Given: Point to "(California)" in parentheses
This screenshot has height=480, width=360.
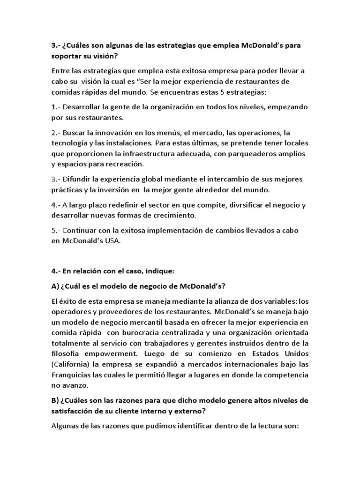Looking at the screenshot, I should pos(74,364).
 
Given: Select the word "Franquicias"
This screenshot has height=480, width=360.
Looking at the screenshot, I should pos(73,375).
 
